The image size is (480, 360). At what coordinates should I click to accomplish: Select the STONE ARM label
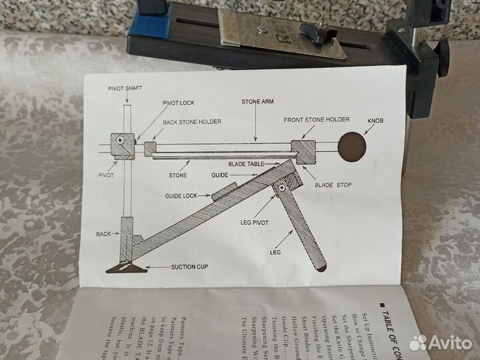(257, 104)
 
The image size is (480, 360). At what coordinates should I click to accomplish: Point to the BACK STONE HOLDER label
(193, 122)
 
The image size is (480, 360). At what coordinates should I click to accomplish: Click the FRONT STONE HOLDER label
(317, 119)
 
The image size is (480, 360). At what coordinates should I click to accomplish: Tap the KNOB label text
(375, 123)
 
